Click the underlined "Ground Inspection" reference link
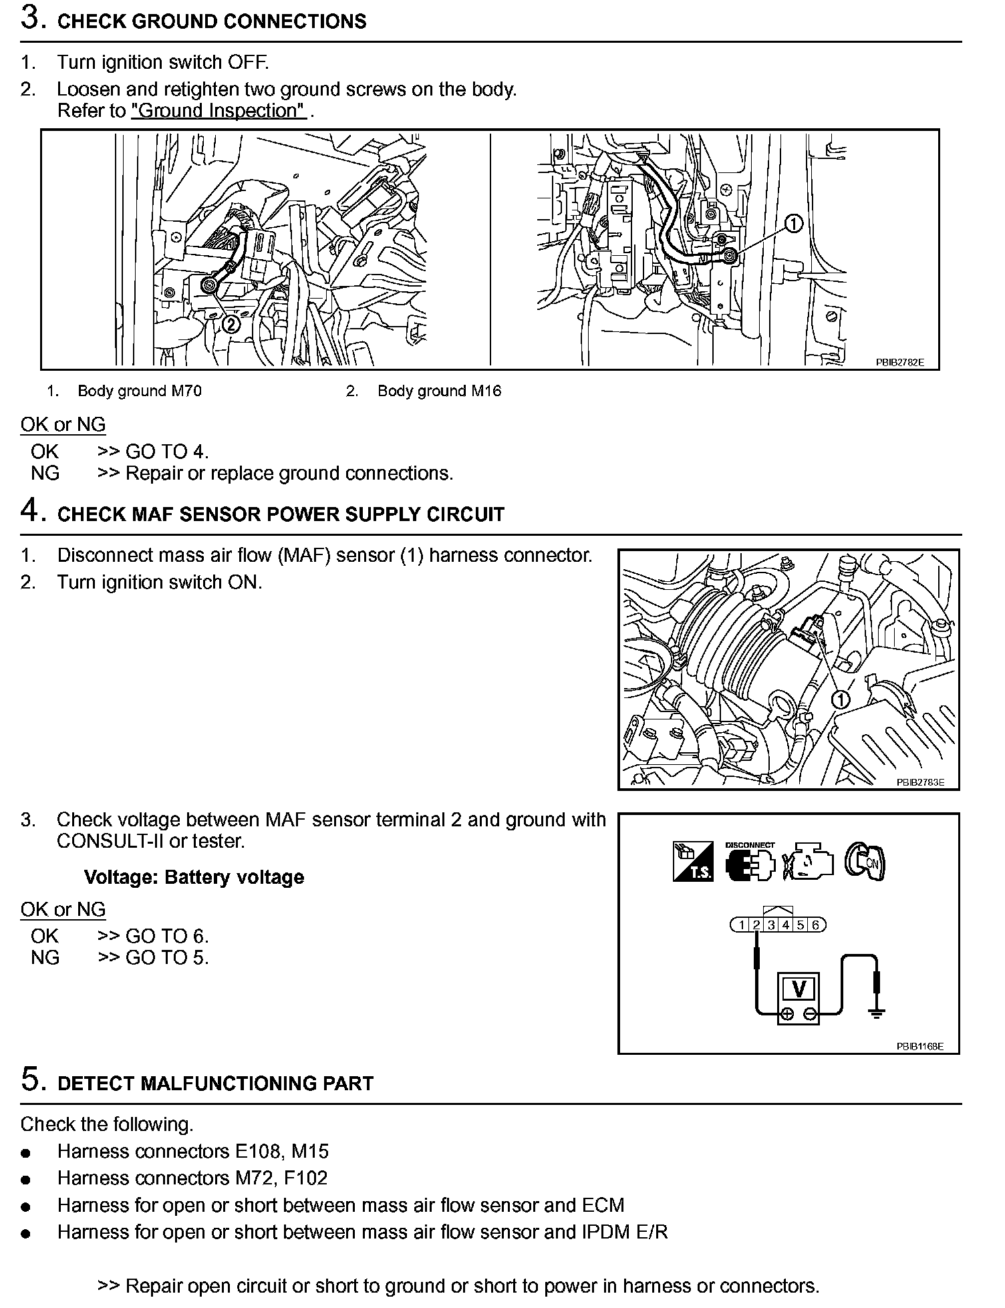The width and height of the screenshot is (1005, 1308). (219, 110)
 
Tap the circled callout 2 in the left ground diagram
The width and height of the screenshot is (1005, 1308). (230, 324)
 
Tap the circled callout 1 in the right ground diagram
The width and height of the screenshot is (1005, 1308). (793, 224)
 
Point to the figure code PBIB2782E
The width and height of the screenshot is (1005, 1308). (899, 362)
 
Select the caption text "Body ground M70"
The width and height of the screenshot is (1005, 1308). (139, 391)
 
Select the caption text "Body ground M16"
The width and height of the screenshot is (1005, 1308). (439, 391)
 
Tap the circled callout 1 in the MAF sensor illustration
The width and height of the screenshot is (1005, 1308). (841, 699)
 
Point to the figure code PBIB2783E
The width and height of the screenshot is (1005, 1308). (920, 782)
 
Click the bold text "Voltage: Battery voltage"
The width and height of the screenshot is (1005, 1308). (194, 877)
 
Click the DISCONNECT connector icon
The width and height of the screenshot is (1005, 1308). (750, 862)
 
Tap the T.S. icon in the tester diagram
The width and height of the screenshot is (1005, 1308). (693, 861)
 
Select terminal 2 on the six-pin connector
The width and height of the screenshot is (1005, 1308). (756, 925)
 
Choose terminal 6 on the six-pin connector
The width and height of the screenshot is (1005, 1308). (815, 925)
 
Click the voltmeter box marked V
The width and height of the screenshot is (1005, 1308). (798, 988)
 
